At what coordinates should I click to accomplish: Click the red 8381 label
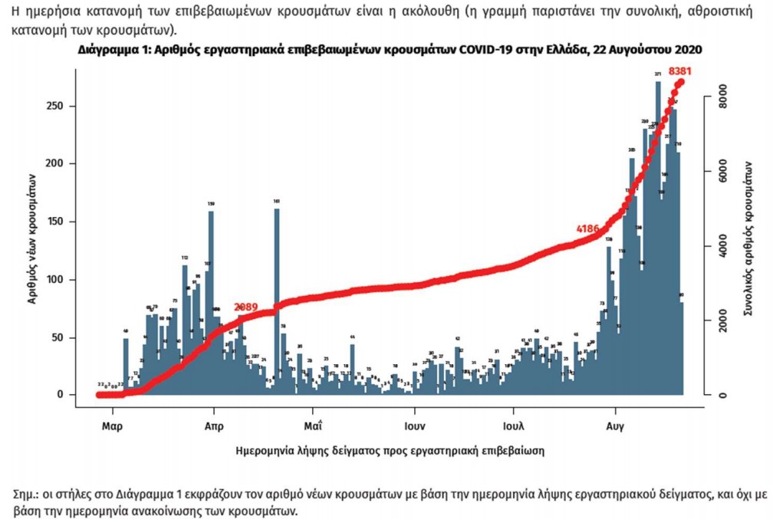click(x=683, y=71)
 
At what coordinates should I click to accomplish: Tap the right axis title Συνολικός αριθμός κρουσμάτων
click(x=748, y=238)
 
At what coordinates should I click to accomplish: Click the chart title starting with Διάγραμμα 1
click(x=390, y=50)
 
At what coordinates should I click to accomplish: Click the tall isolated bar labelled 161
click(x=277, y=299)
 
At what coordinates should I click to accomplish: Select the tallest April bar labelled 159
click(x=211, y=299)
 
